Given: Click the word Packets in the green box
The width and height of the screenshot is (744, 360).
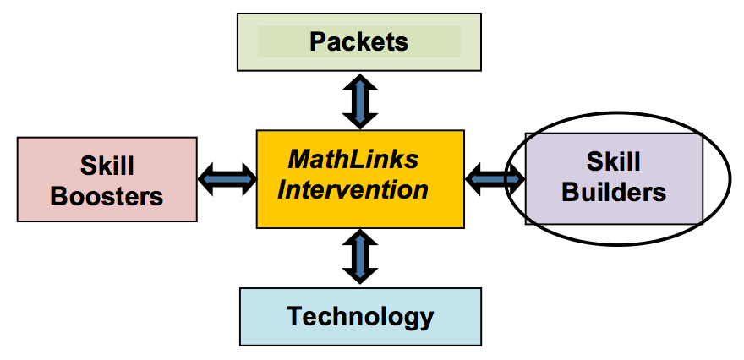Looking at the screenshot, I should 358,41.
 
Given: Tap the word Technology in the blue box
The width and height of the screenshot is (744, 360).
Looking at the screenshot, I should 360,317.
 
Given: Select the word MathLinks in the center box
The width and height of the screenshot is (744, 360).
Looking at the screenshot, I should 353,159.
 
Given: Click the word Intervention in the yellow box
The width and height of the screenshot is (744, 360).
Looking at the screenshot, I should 353,188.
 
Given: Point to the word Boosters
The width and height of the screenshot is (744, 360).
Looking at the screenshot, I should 107,196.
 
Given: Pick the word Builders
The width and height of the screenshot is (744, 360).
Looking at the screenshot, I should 614,192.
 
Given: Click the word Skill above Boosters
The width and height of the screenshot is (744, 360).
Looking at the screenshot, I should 107,165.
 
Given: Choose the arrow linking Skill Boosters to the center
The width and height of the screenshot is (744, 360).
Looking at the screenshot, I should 227,178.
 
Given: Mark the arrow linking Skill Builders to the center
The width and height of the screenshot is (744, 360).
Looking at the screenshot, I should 495,177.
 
